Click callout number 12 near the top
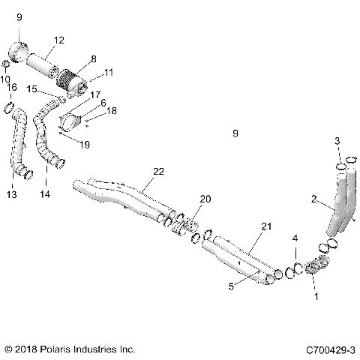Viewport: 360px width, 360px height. (x=59, y=40)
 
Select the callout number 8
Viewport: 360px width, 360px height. (x=93, y=58)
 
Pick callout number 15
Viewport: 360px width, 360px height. (x=33, y=89)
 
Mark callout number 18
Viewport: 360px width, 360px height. (x=111, y=111)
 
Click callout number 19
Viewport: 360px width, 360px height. (x=85, y=143)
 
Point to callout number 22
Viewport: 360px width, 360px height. (x=158, y=172)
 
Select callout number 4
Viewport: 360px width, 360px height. (x=295, y=238)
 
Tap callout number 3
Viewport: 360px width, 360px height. (x=337, y=141)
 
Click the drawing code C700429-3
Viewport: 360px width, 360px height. (x=331, y=349)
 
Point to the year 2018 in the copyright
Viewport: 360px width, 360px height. (x=27, y=349)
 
